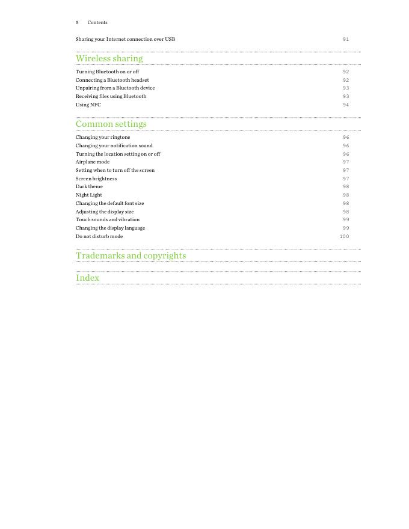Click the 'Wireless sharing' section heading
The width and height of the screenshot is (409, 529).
click(x=109, y=58)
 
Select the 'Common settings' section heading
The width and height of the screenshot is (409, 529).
click(x=111, y=124)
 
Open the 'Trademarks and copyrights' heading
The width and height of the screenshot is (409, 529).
click(x=131, y=255)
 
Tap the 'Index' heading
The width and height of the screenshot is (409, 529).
click(x=87, y=278)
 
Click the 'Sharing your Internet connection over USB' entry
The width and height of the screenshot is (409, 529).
click(x=125, y=39)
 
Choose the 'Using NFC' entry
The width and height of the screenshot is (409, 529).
click(x=88, y=105)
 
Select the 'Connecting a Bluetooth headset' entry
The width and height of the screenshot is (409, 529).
click(x=112, y=80)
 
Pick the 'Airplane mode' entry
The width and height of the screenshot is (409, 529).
click(x=93, y=162)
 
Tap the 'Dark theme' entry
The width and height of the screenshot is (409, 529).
click(x=89, y=186)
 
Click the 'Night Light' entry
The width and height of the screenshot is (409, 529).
click(x=89, y=195)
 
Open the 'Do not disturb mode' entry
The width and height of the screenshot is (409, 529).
click(x=99, y=236)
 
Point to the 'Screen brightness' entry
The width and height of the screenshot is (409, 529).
click(x=96, y=179)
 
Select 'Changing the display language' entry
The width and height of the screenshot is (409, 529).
click(x=110, y=228)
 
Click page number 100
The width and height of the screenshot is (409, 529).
click(x=344, y=237)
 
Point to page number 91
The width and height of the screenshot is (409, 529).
click(x=346, y=40)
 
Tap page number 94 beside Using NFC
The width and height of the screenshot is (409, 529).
click(x=346, y=105)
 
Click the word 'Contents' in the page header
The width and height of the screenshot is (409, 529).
click(x=97, y=22)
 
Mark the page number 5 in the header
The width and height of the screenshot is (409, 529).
click(x=77, y=22)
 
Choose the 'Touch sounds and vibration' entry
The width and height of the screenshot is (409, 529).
click(x=108, y=219)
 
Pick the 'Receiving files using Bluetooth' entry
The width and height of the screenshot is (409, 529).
click(x=111, y=96)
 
